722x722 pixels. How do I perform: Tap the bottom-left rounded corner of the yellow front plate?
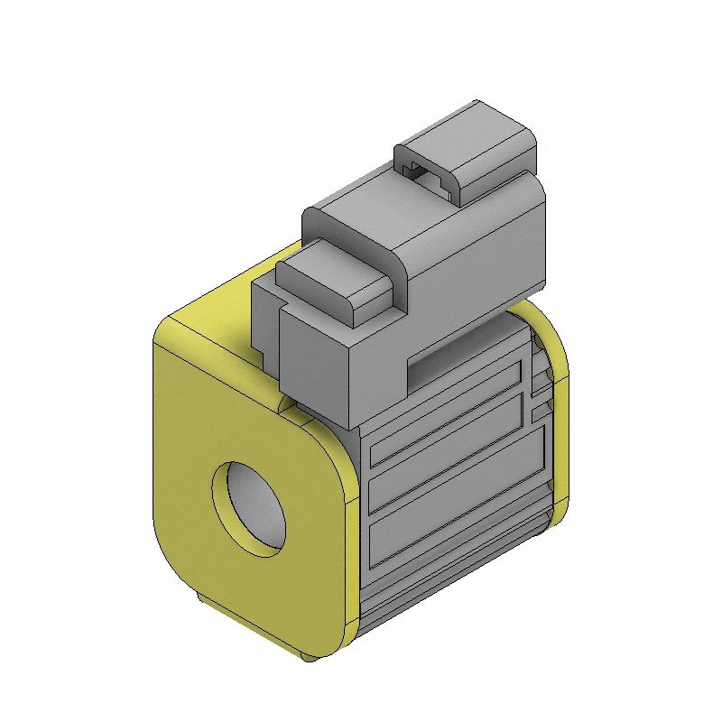(x=176, y=578)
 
